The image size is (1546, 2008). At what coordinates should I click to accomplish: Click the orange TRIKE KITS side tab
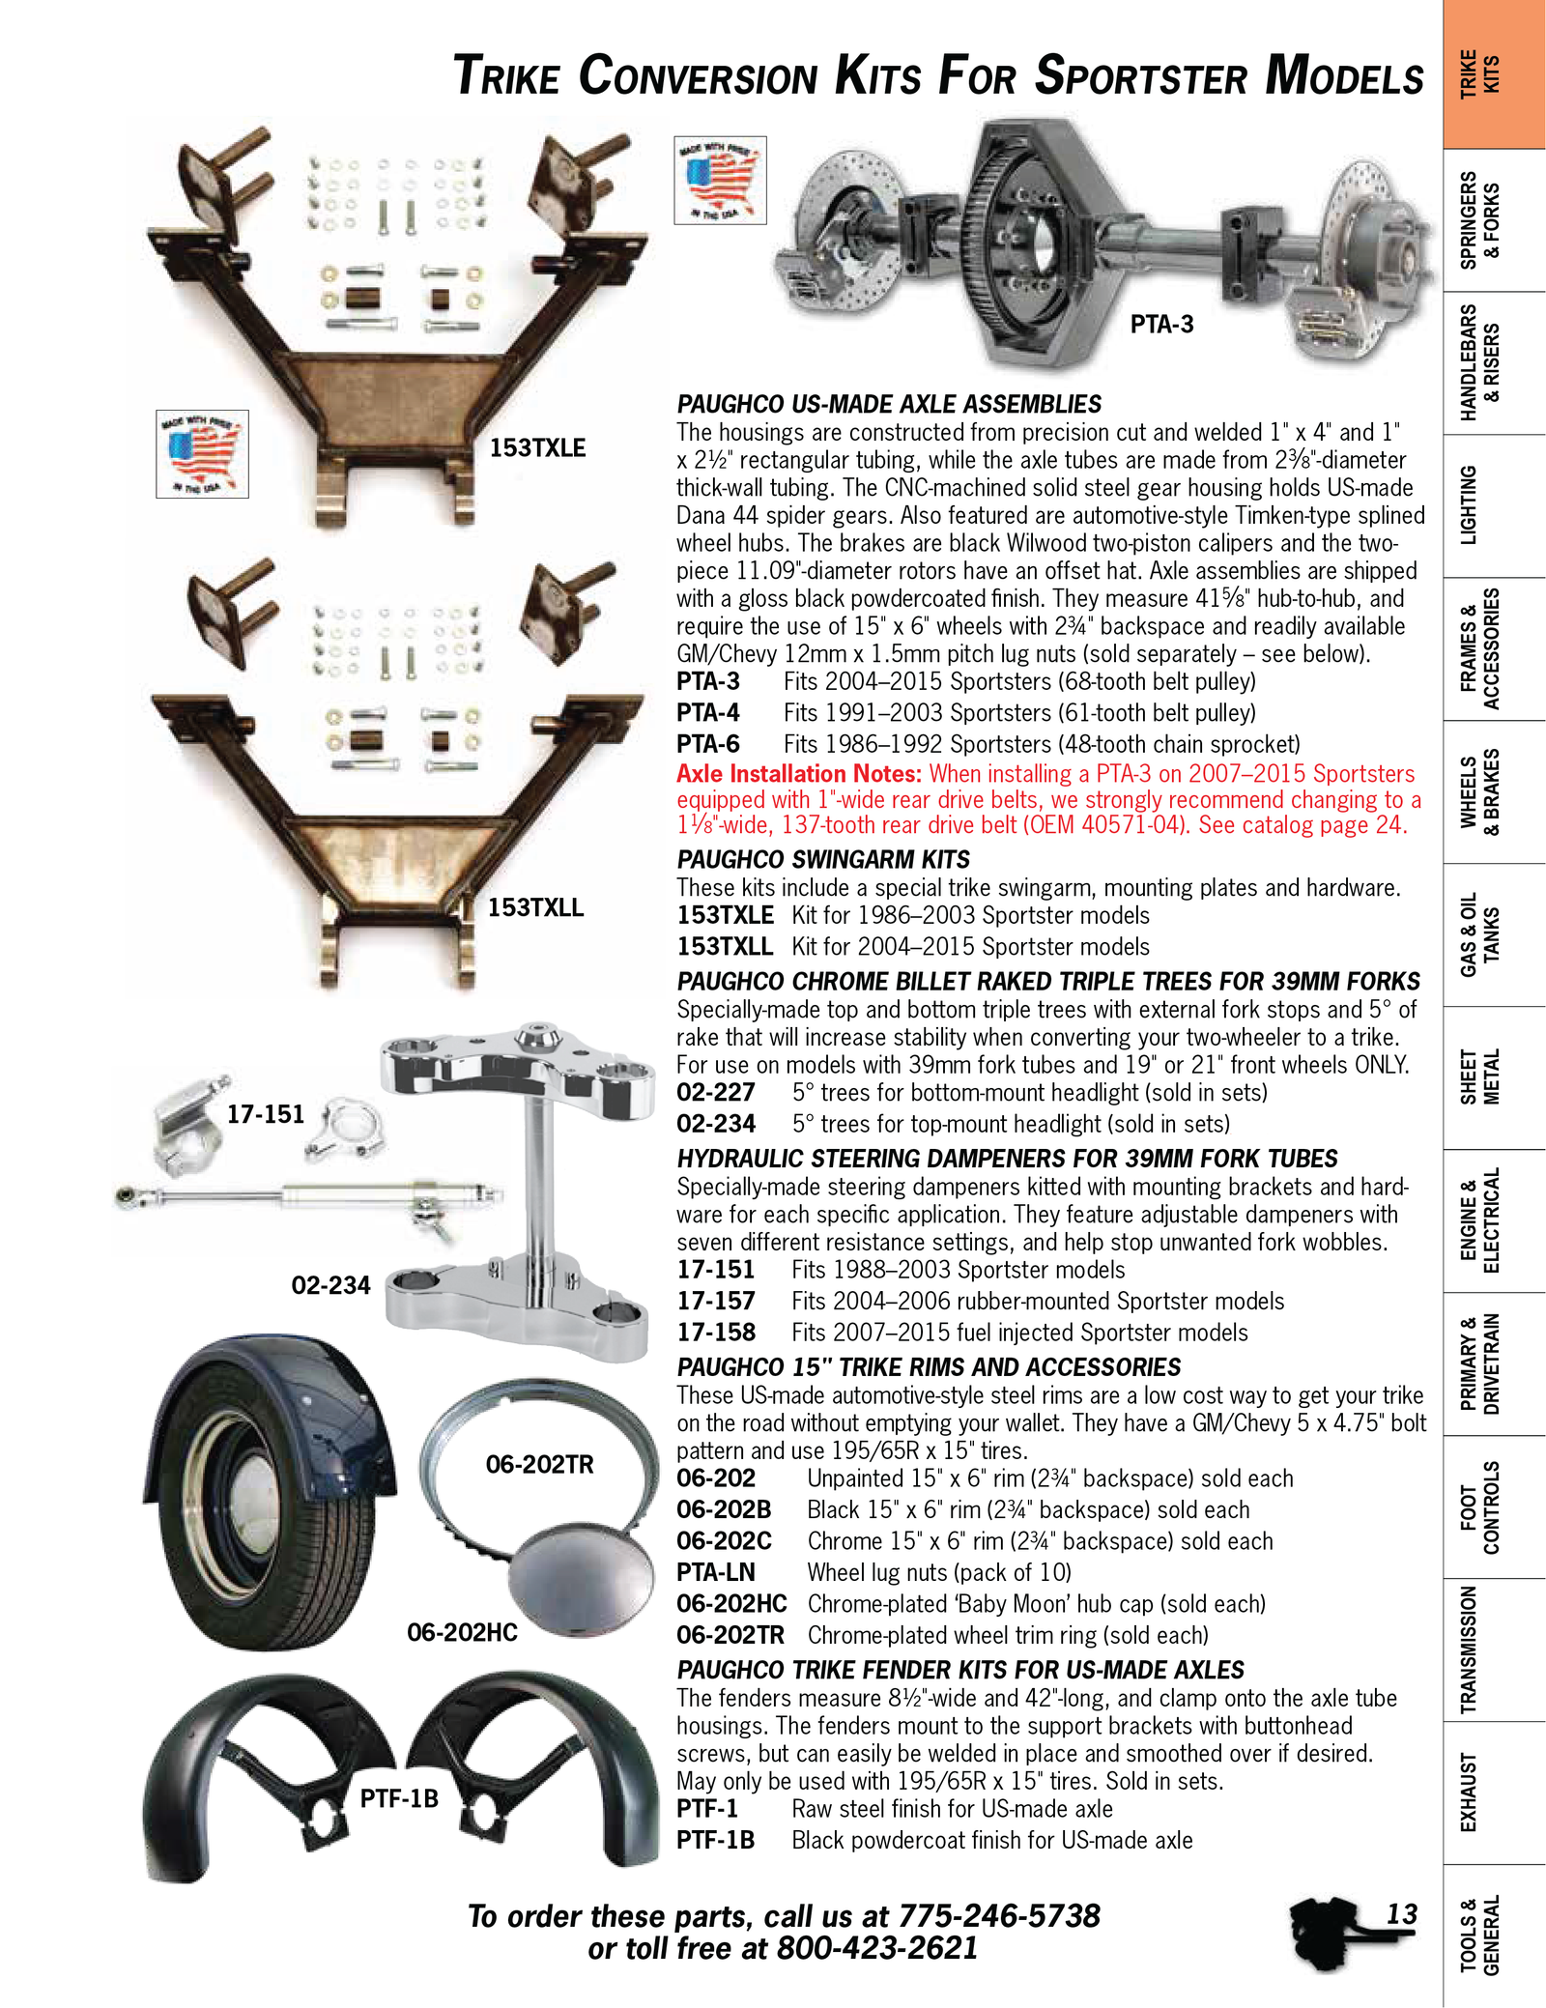1493,74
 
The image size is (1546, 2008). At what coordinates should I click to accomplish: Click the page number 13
1401,1913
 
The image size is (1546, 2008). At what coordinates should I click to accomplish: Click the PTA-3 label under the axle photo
1161,324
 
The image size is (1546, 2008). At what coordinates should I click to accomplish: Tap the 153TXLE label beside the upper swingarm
537,447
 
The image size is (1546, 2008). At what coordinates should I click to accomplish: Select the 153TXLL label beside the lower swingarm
535,907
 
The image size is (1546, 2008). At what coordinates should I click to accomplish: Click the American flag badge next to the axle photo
720,180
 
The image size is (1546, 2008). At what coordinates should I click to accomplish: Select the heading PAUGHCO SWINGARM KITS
823,859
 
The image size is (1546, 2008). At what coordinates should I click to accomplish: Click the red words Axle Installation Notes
799,773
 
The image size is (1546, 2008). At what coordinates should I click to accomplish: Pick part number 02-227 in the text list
715,1093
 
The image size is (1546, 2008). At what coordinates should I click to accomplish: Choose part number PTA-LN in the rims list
715,1572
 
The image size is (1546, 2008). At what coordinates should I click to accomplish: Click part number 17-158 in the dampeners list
715,1333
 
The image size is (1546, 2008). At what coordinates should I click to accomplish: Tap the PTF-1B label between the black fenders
399,1798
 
